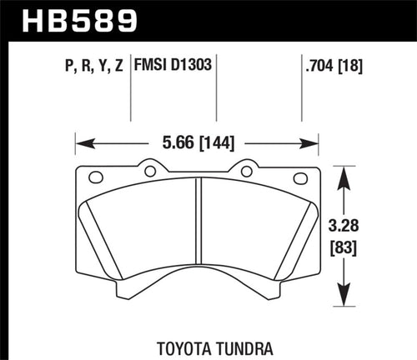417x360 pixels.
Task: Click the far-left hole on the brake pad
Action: click(x=94, y=177)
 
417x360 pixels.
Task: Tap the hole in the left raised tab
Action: click(x=150, y=172)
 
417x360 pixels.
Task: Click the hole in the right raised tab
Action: click(x=246, y=172)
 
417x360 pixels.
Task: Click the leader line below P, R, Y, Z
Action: click(x=130, y=100)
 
